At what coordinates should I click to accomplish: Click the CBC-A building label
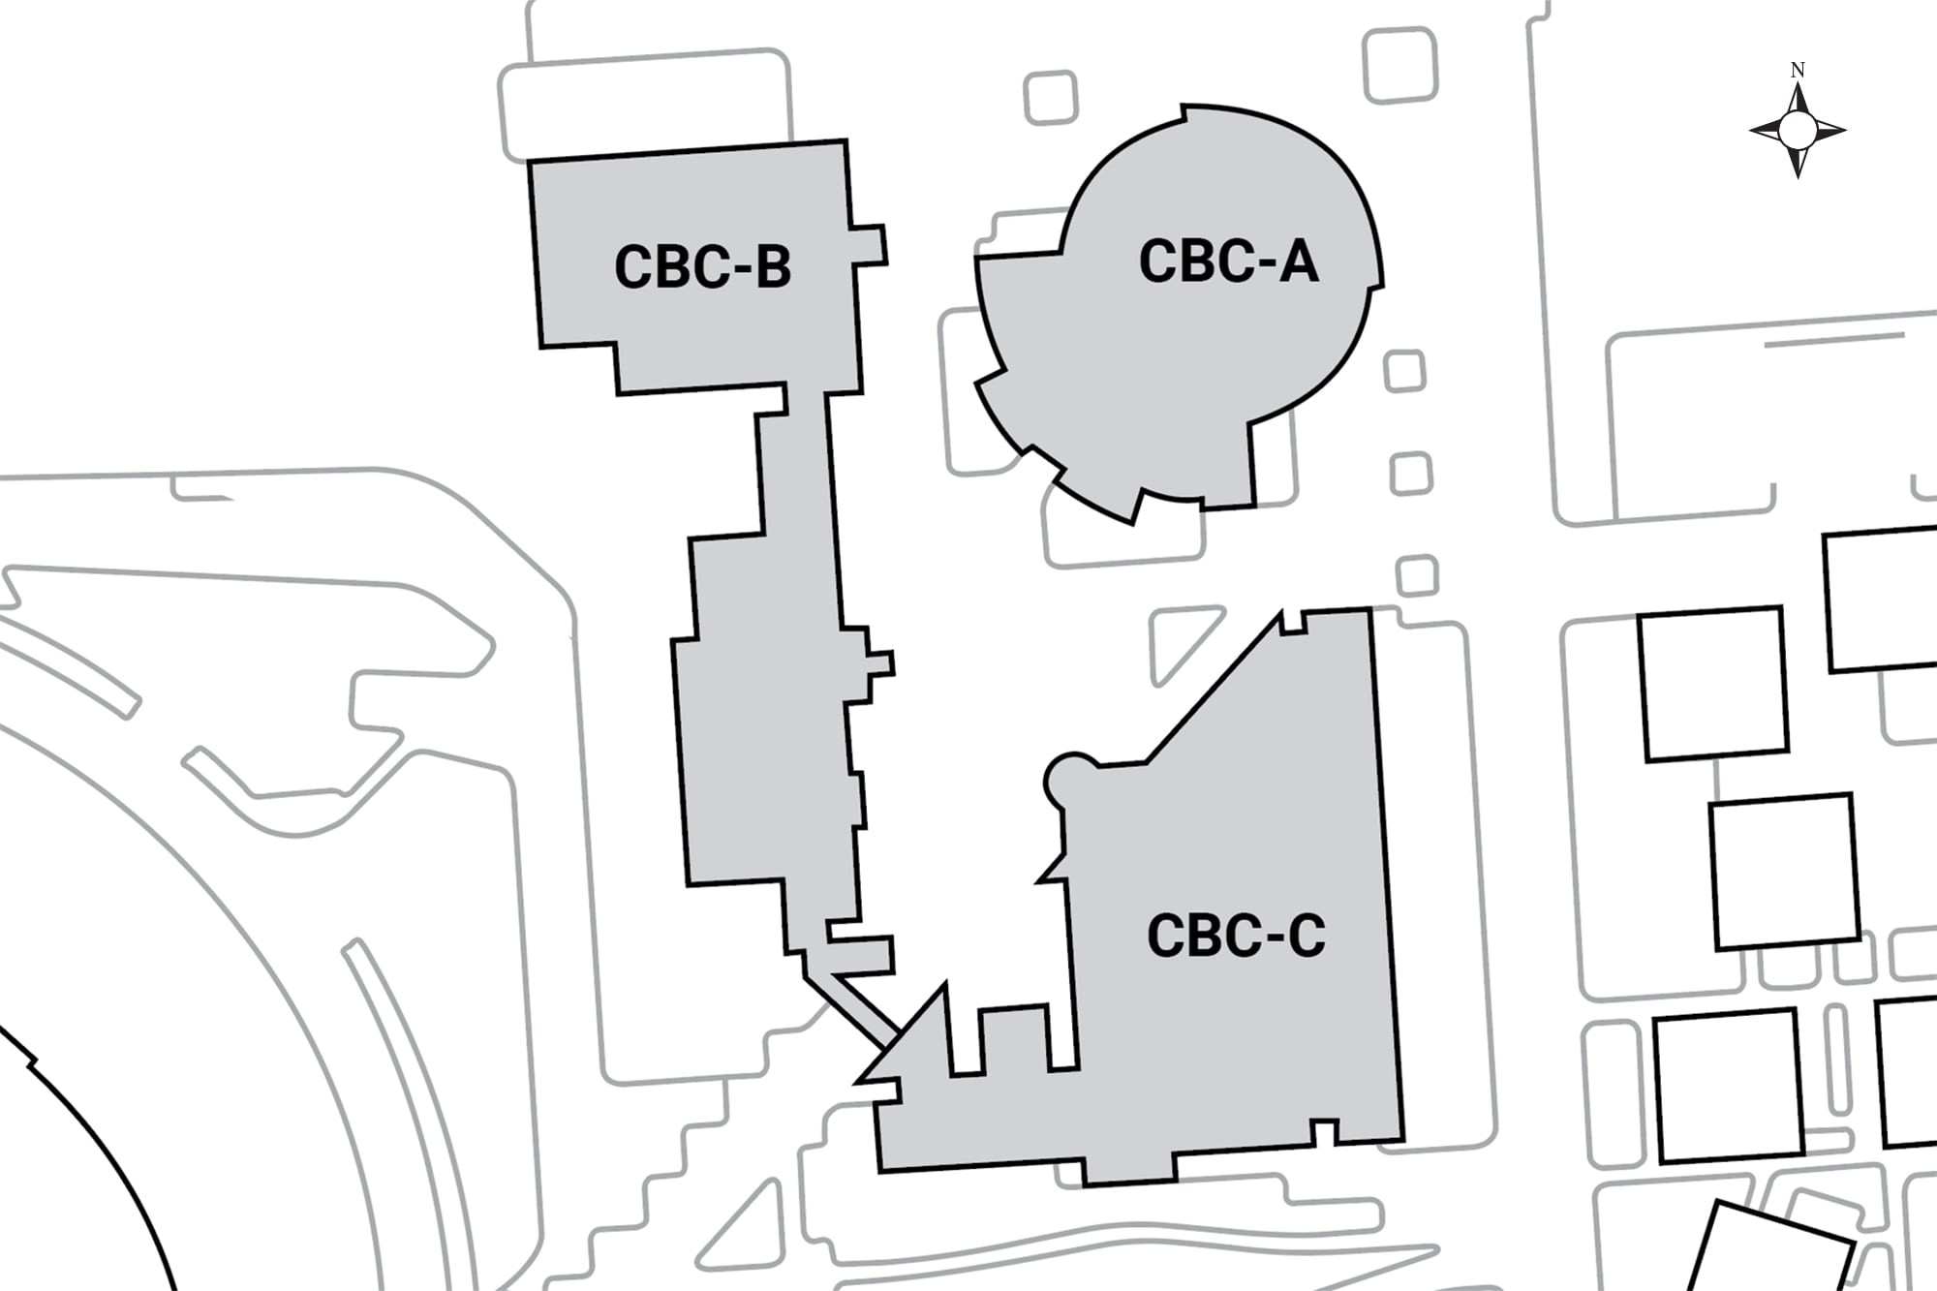[x=1228, y=261]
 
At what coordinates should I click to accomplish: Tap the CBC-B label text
[x=703, y=266]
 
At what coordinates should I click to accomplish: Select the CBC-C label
[x=1236, y=936]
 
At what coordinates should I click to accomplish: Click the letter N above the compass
[x=1798, y=71]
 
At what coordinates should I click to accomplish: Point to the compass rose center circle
[x=1798, y=130]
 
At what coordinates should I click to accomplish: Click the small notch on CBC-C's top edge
[x=1292, y=622]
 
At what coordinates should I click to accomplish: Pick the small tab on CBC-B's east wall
[x=870, y=245]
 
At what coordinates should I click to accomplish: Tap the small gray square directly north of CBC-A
[x=1051, y=98]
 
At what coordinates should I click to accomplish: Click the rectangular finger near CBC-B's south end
[x=860, y=954]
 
